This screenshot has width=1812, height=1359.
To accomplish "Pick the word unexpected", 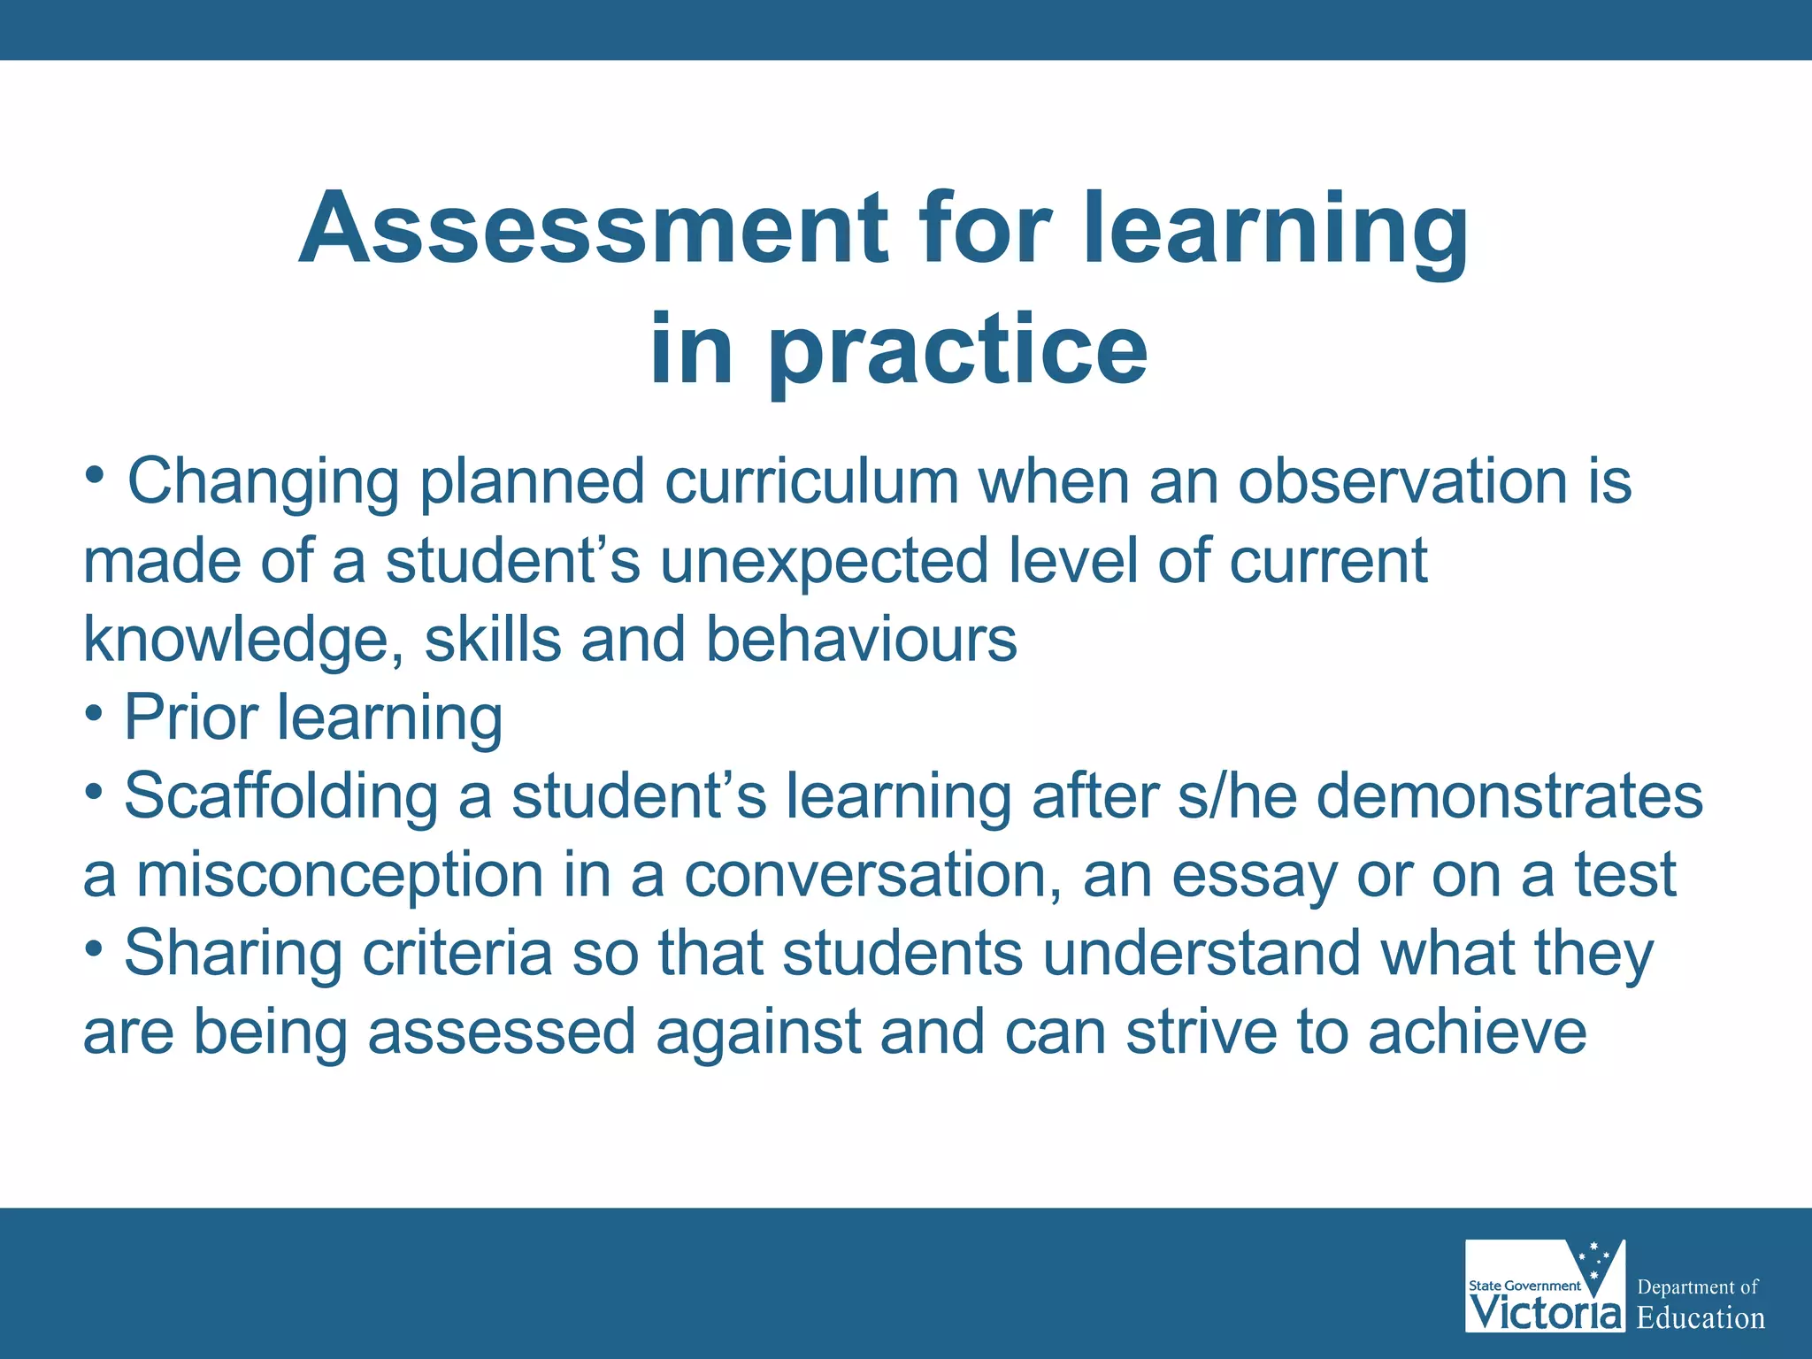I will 824,561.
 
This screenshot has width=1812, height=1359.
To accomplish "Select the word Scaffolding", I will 280,796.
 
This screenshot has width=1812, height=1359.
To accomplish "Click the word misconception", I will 340,875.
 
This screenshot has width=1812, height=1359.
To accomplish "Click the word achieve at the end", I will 1477,1033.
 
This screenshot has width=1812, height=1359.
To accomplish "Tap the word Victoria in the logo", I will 1545,1311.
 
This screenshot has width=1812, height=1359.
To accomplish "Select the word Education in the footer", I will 1701,1318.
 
